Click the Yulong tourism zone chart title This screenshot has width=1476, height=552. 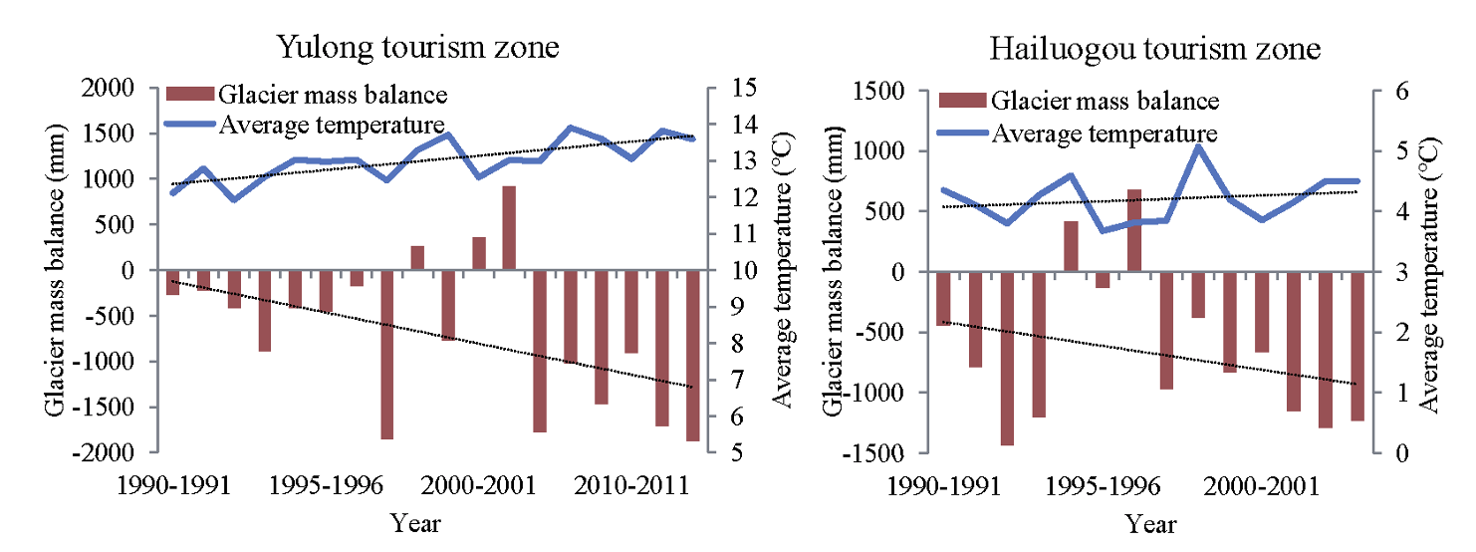417,47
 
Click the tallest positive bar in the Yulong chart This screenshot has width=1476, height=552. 509,227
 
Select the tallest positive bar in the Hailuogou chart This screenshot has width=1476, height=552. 1134,229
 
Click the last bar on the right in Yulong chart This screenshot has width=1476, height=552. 693,355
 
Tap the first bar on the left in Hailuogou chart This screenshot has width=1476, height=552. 943,298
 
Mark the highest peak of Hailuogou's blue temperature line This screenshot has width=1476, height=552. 1198,145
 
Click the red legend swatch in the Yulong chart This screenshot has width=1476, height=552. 190,96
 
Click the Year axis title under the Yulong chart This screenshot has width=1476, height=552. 416,522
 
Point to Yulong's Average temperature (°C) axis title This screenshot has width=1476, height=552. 783,270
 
